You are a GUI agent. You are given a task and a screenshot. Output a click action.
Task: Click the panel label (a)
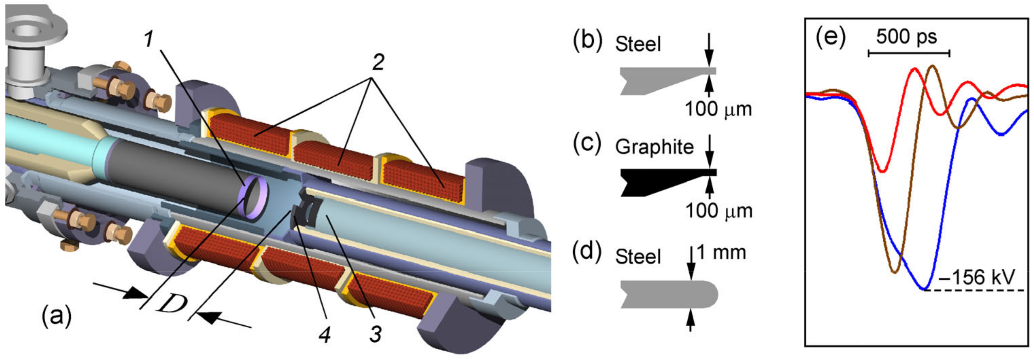56,316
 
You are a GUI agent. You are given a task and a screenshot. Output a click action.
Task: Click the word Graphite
654,147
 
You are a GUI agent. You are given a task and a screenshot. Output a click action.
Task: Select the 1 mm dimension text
721,252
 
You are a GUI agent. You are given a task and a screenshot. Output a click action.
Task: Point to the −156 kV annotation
976,277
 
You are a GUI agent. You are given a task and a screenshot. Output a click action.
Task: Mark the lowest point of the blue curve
924,289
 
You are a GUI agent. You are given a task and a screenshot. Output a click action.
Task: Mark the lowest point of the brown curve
894,273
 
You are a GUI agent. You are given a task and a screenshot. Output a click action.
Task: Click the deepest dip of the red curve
882,172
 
